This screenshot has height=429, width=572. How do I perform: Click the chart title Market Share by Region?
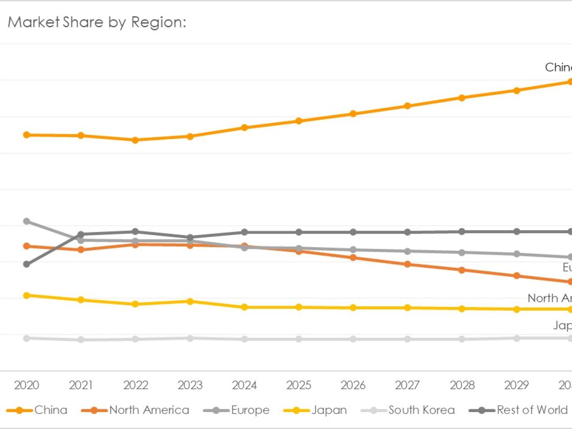(97, 22)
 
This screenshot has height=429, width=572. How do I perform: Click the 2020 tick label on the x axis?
(26, 385)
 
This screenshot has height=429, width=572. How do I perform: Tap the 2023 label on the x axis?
(190, 385)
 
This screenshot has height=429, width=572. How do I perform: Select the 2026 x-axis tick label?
(353, 385)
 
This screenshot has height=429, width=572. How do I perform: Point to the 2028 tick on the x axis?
(462, 385)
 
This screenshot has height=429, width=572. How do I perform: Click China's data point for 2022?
(135, 140)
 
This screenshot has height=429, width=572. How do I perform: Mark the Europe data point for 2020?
(26, 221)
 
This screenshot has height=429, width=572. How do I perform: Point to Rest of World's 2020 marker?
(26, 264)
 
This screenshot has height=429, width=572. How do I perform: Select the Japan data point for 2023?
(190, 302)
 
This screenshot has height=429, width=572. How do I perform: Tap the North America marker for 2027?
(408, 264)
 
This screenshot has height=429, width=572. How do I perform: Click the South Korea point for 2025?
(299, 339)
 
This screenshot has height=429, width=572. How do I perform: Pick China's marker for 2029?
(517, 91)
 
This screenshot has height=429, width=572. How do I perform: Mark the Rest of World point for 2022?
(135, 231)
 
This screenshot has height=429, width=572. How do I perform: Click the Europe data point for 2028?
(462, 252)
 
